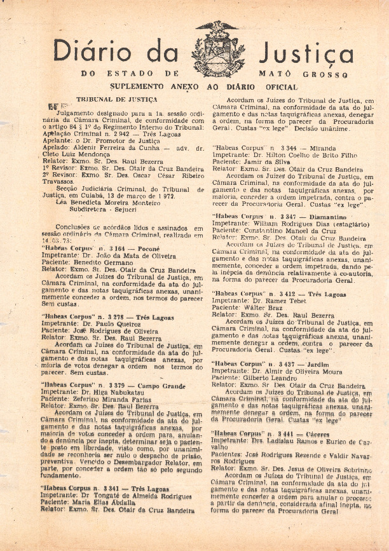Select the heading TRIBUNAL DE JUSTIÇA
click(116, 100)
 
